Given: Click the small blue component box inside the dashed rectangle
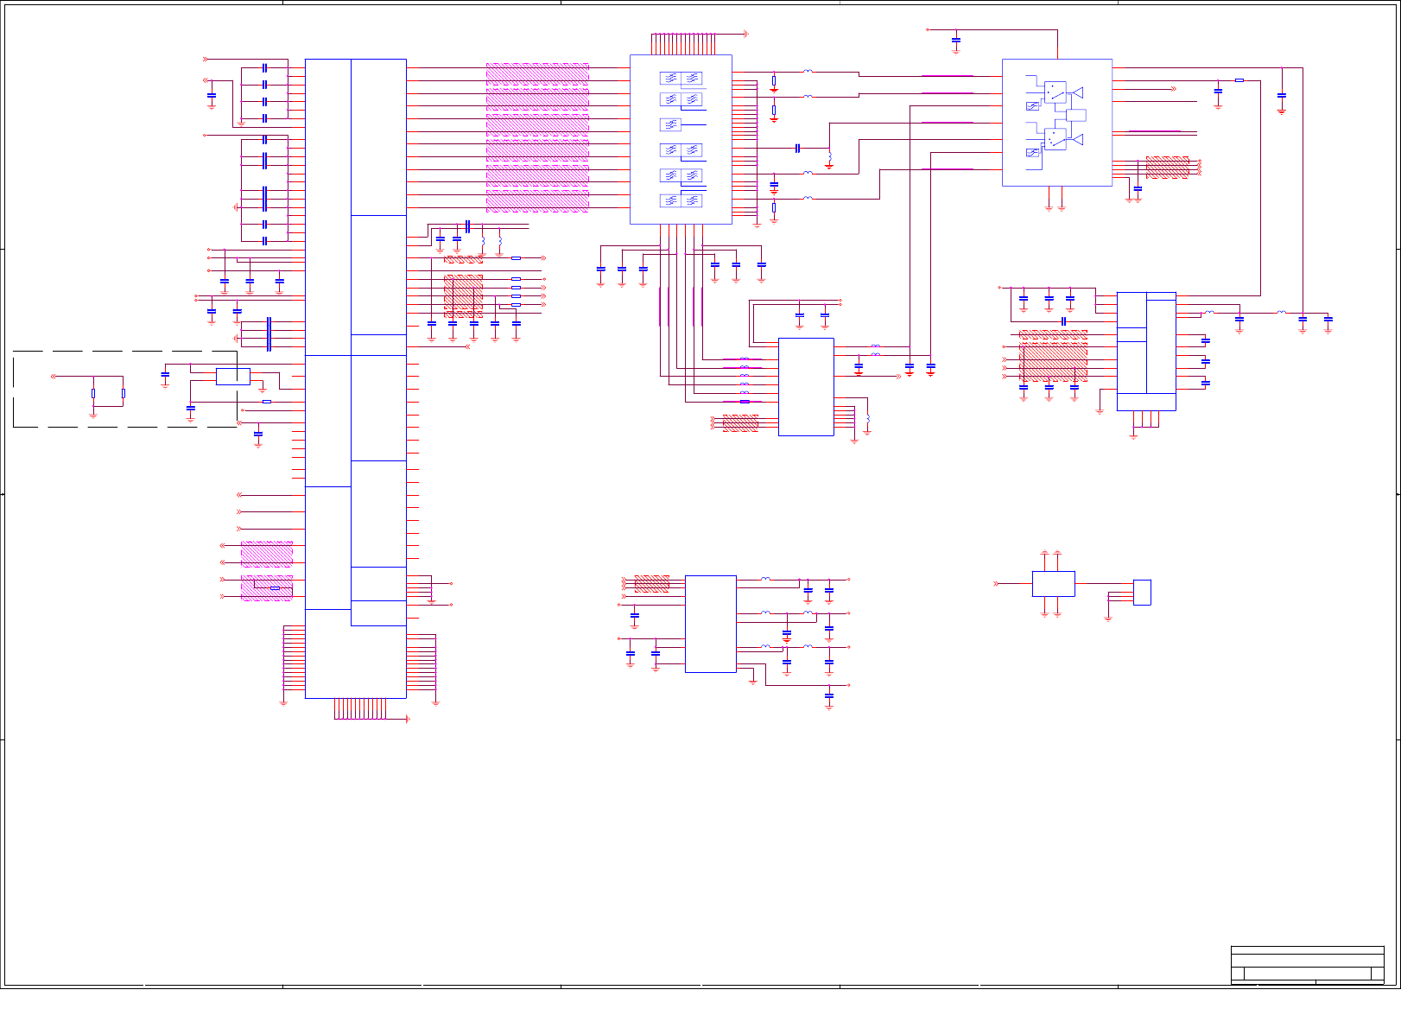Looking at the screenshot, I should tap(232, 376).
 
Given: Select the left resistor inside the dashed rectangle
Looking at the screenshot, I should tap(93, 393).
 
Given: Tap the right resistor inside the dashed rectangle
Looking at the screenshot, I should tap(124, 393).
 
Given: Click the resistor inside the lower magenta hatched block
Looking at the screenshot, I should tap(275, 588).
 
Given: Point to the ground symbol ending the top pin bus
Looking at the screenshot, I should tap(745, 35).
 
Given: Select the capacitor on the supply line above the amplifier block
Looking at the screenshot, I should tap(955, 40).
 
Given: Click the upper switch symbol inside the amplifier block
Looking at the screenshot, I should tap(1055, 92).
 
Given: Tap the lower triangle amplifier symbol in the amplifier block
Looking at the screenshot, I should tap(1077, 139).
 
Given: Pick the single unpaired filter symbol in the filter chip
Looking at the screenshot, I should tap(670, 125).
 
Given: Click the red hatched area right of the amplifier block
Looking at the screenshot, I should tap(1167, 168).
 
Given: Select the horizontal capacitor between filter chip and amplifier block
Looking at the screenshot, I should tap(797, 149).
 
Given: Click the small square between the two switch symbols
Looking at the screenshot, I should tap(1075, 115).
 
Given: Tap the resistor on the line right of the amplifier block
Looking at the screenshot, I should tap(1239, 80).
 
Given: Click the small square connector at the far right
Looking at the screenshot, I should tap(1141, 592).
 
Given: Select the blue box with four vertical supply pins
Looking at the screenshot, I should tap(1053, 583).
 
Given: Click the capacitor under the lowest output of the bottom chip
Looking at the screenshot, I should tap(828, 695).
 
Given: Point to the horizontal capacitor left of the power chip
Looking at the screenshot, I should tap(1063, 321).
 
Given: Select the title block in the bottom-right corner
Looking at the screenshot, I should tap(1307, 965).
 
